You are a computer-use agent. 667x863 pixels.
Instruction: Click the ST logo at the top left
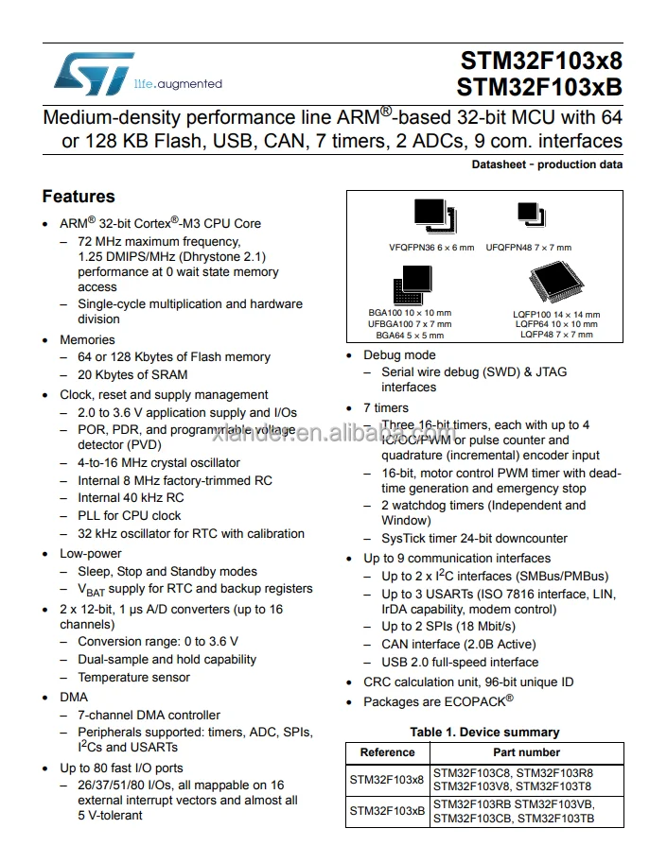point(94,74)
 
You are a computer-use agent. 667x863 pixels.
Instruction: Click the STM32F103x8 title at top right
point(540,61)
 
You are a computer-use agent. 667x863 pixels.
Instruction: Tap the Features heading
point(79,197)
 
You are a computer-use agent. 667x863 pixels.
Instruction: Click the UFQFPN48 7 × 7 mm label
point(529,248)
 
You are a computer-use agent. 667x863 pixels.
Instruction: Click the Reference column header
point(388,752)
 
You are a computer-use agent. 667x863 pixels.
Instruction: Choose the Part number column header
point(527,752)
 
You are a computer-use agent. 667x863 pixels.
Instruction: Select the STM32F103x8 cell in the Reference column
point(388,779)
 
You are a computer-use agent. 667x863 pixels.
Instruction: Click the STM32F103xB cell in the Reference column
point(388,811)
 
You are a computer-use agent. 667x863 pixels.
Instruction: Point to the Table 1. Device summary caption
point(484,732)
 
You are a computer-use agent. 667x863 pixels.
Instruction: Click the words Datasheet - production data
point(547,164)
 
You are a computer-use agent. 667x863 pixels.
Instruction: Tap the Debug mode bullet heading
point(399,355)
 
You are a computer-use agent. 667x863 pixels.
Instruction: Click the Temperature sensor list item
point(133,677)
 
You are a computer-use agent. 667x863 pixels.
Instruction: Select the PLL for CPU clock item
point(129,515)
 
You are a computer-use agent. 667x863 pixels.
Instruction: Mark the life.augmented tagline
point(178,84)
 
